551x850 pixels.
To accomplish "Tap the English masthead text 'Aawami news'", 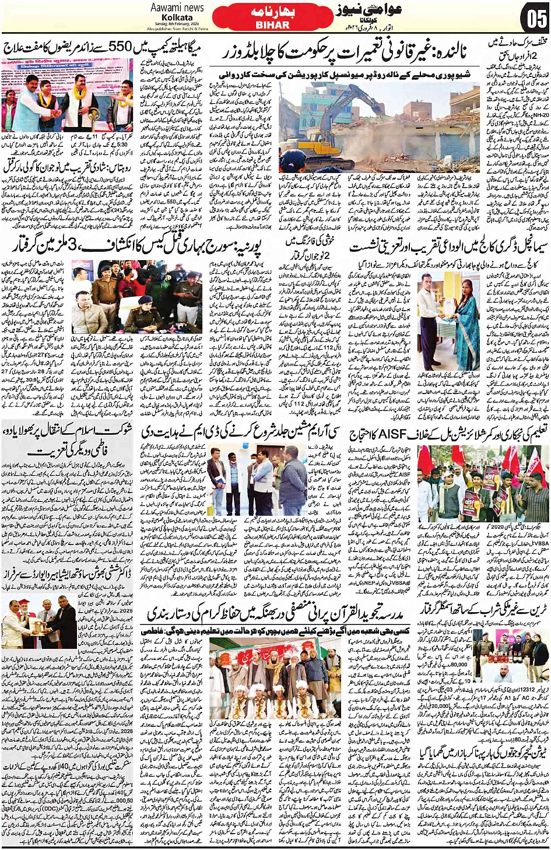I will (x=177, y=8).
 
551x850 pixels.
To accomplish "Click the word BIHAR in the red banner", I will (x=272, y=25).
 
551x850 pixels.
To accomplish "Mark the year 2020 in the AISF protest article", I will (x=497, y=526).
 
